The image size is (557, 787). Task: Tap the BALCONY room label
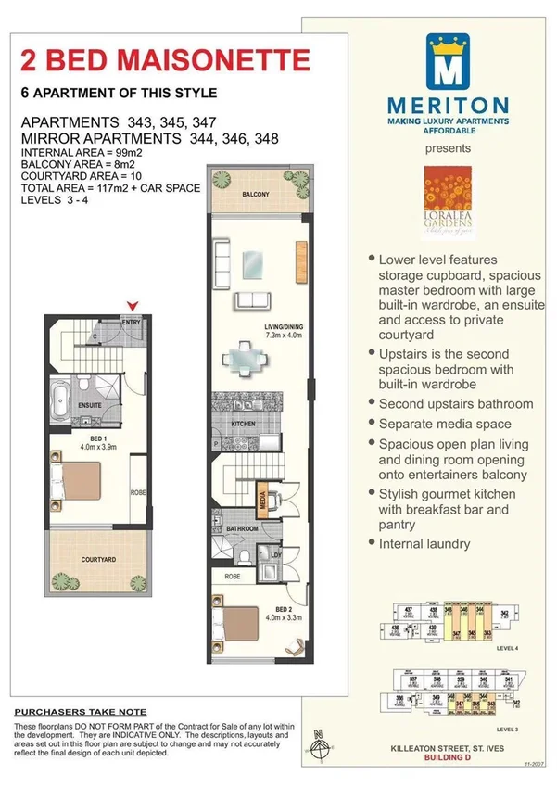(256, 195)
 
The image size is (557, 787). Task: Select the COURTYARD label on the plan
(97, 560)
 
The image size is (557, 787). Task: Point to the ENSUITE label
(89, 405)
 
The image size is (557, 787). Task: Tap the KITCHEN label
(243, 424)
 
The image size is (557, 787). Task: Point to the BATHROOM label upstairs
(243, 528)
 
